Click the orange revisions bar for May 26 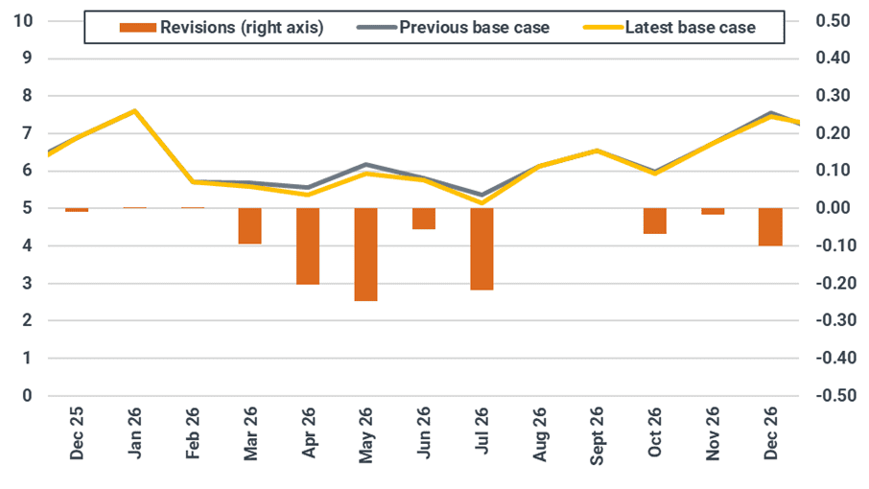pyautogui.click(x=365, y=254)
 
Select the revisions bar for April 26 pyautogui.click(x=308, y=245)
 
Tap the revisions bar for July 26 pyautogui.click(x=481, y=248)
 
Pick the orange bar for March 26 pyautogui.click(x=249, y=226)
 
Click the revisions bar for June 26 pyautogui.click(x=424, y=219)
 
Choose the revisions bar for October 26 pyautogui.click(x=655, y=221)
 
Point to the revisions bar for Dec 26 pyautogui.click(x=770, y=226)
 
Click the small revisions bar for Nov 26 pyautogui.click(x=713, y=211)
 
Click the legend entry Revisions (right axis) pyautogui.click(x=222, y=28)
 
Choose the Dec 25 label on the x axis pyautogui.click(x=77, y=436)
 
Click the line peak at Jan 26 pyautogui.click(x=134, y=110)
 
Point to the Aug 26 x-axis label pyautogui.click(x=539, y=436)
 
